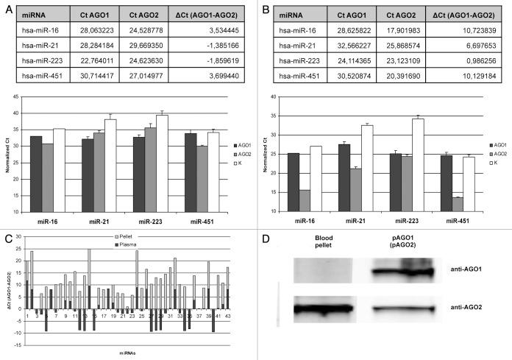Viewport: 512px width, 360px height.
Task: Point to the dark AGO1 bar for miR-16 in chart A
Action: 36,174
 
